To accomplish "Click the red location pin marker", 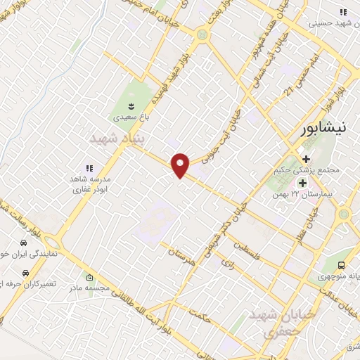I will coord(181,165).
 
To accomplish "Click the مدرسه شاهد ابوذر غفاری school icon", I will coord(89,168).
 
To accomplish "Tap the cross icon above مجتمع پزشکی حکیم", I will coord(307,158).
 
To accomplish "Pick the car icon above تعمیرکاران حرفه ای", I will coord(26,272).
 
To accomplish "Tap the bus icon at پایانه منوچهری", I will coord(341,265).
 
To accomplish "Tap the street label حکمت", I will coord(202,317).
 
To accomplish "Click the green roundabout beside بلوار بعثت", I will coord(202,34).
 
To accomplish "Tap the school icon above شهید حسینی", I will coord(343,12).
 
